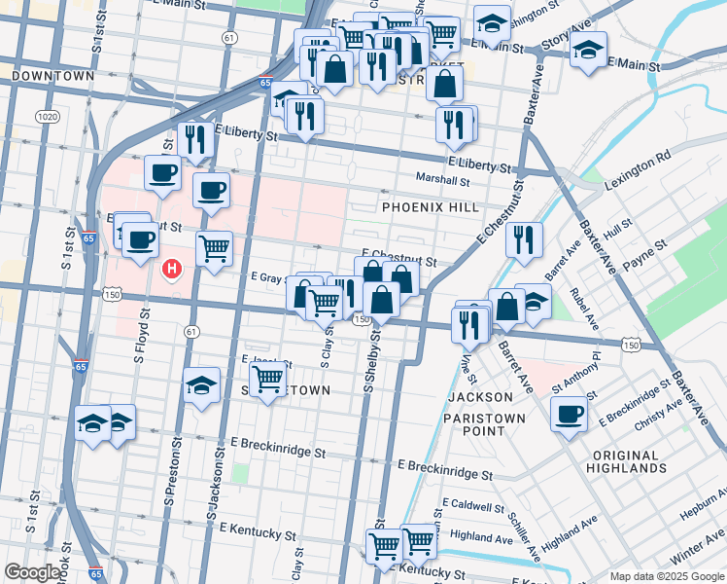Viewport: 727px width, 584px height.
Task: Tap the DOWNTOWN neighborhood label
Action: point(53,76)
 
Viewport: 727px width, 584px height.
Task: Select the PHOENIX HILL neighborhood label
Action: point(430,208)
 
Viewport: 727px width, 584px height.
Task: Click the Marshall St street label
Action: point(442,180)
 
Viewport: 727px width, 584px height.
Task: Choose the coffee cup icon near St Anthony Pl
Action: point(569,413)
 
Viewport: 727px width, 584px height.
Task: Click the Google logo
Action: point(32,573)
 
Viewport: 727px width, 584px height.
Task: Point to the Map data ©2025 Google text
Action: point(665,576)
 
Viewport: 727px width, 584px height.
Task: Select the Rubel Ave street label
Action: point(587,305)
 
